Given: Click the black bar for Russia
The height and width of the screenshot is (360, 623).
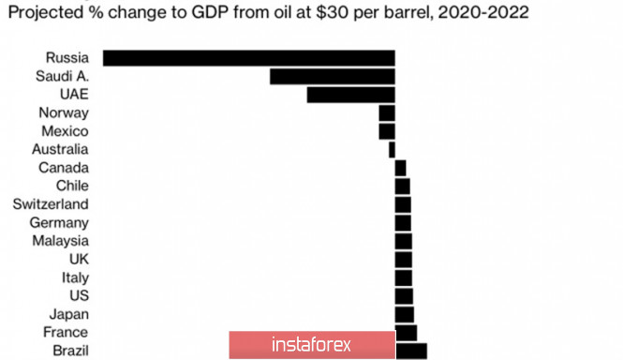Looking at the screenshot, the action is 248,58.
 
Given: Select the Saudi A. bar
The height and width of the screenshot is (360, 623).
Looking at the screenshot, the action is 333,76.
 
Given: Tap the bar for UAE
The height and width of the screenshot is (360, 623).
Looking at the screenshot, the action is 350,95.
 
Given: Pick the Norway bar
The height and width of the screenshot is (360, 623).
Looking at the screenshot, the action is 387,113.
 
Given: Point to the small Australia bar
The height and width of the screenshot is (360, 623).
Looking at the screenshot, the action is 392,150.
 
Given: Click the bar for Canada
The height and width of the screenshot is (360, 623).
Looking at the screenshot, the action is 401,168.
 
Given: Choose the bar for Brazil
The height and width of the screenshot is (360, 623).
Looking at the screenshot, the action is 411,352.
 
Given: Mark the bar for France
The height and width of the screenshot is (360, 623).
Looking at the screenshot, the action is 406,333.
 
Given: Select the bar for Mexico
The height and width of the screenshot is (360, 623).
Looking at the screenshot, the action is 387,131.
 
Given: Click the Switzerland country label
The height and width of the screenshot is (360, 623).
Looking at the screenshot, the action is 51,204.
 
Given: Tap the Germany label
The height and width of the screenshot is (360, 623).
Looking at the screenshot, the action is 59,223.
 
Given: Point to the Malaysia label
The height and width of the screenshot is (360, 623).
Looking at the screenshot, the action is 60,241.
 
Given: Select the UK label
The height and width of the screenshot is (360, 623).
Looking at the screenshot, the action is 79,260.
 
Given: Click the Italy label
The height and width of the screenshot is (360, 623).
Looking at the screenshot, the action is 75,277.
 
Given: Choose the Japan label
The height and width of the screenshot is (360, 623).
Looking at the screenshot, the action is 69,314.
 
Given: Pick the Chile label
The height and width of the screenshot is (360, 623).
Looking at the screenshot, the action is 72,186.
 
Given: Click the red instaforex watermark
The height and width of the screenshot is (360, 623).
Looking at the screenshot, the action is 312,344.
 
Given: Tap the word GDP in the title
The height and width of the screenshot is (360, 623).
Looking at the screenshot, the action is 210,12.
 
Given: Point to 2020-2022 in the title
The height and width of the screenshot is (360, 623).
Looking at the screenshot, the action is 483,13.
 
